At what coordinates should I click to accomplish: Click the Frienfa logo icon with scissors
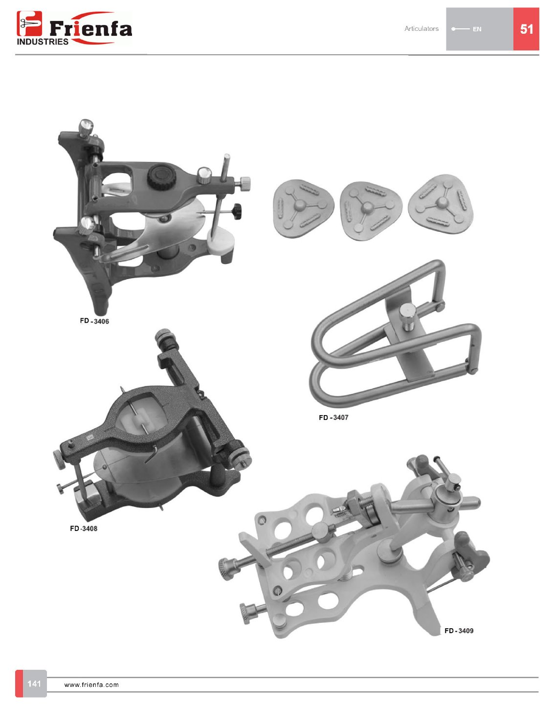point(29,23)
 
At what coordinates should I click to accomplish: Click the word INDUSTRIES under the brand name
point(43,42)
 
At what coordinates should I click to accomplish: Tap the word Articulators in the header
point(421,28)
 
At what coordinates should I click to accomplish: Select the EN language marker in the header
point(477,29)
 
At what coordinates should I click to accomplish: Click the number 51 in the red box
point(527,29)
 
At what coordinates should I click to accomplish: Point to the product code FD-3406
point(94,321)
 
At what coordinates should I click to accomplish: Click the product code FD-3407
point(333,418)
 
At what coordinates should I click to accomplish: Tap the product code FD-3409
point(459,631)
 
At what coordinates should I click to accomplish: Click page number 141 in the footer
point(34,683)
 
